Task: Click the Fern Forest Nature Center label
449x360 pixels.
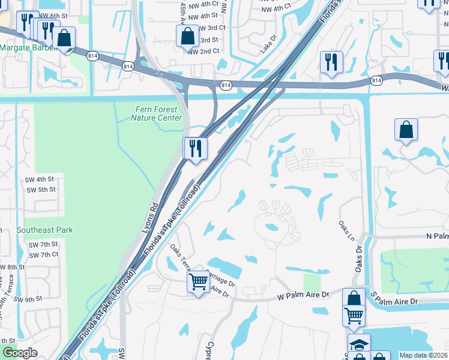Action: [x=156, y=113]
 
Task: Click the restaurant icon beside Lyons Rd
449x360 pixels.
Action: [x=195, y=148]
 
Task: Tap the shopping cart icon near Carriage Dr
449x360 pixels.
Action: [x=198, y=281]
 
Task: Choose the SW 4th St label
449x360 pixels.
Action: [x=40, y=179]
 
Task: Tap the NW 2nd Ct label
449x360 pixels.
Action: [x=203, y=52]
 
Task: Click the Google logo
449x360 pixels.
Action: [x=20, y=353]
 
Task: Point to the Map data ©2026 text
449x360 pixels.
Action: [x=423, y=355]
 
